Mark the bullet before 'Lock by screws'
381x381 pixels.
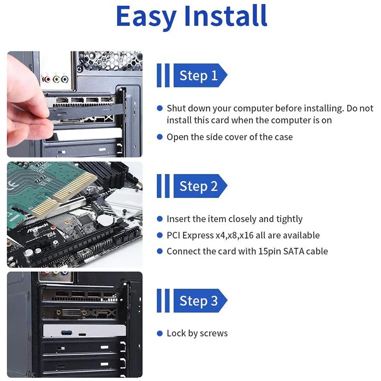coord(160,333)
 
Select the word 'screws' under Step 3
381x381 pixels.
coord(213,333)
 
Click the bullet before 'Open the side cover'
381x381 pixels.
coord(160,137)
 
